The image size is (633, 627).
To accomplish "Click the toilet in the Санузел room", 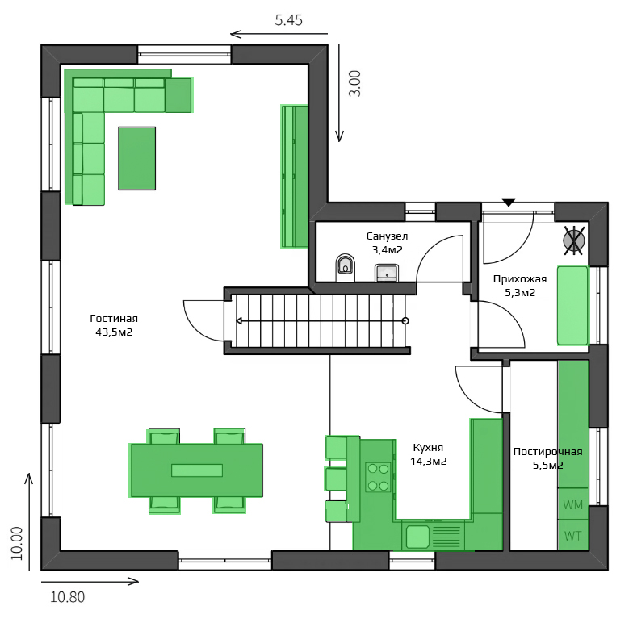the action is tap(346, 267).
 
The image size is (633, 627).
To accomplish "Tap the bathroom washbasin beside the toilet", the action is tap(387, 273).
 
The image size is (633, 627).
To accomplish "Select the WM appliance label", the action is tap(573, 504).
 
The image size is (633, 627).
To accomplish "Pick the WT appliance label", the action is tap(573, 536).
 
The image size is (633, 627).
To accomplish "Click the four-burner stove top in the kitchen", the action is tap(378, 477).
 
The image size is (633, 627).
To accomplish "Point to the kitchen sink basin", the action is tap(417, 537).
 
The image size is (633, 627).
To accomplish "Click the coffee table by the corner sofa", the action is tap(137, 158).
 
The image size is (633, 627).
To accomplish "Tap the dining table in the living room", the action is tap(196, 470).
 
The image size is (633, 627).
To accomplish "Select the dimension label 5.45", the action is tap(289, 20).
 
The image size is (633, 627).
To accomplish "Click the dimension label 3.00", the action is tap(355, 84).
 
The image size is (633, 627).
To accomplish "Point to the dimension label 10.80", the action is tap(68, 597).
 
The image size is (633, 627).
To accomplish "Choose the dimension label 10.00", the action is tap(17, 543).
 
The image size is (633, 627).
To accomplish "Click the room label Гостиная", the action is tap(114, 318).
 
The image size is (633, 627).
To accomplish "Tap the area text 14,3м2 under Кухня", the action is tap(428, 462).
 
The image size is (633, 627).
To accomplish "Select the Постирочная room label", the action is tap(547, 452).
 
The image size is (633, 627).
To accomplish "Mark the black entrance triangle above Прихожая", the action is tap(509, 202).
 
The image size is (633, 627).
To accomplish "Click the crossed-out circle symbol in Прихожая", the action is tap(574, 240).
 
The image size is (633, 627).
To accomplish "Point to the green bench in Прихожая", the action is tap(572, 305).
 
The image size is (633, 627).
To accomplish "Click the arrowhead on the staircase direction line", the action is tap(239, 321).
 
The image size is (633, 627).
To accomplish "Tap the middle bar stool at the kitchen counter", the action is tap(336, 479).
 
